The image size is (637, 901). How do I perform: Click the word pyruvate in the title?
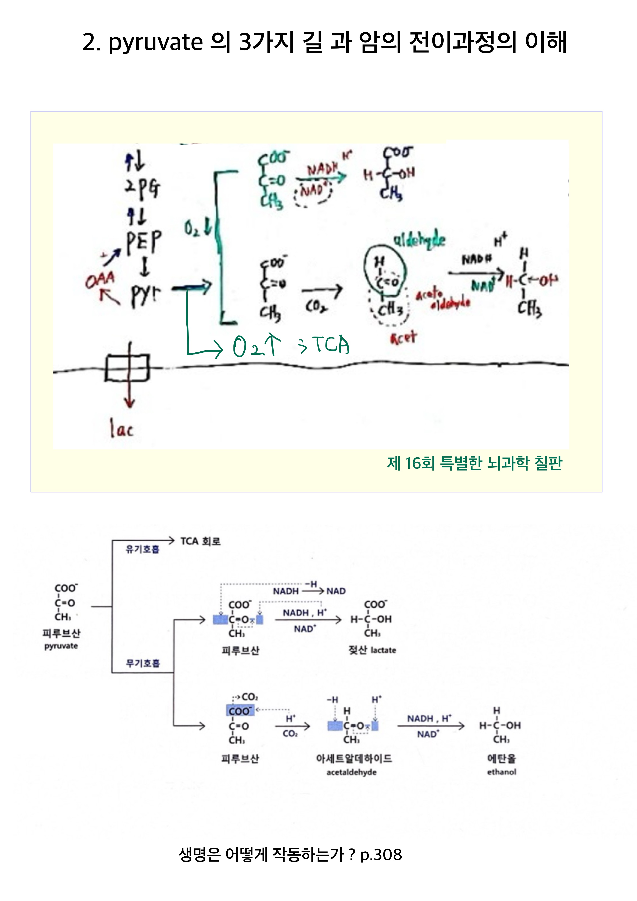[155, 42]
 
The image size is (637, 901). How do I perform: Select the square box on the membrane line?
[128, 368]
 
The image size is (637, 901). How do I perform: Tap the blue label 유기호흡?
[142, 549]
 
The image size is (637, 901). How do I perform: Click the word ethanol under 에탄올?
[501, 772]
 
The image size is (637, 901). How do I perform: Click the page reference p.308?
[381, 854]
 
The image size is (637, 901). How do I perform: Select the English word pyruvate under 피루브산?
[61, 646]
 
